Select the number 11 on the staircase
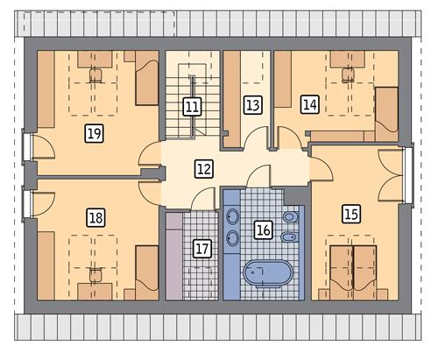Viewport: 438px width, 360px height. (192, 108)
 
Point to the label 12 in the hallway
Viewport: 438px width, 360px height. (203, 168)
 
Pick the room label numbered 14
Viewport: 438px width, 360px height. (309, 104)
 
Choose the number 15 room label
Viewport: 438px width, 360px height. (351, 212)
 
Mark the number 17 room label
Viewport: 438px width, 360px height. (202, 248)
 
